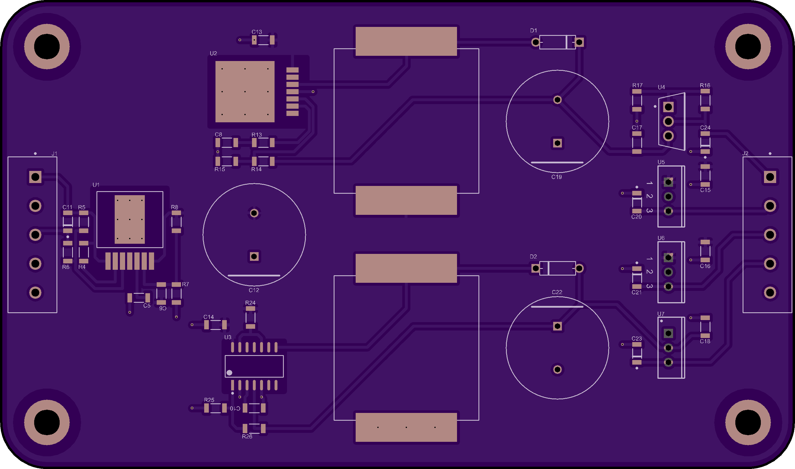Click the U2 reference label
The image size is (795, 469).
[213, 53]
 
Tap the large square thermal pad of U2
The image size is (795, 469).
[245, 92]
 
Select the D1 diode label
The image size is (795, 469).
[533, 31]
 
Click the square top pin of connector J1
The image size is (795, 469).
[35, 177]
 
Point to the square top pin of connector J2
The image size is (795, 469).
[770, 177]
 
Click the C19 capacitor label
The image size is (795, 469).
[557, 177]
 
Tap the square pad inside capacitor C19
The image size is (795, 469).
[557, 143]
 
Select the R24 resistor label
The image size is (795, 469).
[250, 303]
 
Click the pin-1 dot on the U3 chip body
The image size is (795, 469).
[229, 373]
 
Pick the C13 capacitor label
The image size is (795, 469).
[257, 32]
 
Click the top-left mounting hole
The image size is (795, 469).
[47, 47]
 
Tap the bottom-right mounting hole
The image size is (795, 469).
[748, 422]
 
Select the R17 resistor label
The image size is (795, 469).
[637, 85]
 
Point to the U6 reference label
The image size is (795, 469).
[661, 238]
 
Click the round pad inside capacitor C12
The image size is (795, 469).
[254, 213]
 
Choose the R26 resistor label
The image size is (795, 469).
[247, 436]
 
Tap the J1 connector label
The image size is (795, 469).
[54, 154]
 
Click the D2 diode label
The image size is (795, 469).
[533, 257]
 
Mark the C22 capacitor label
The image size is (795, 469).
[557, 292]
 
